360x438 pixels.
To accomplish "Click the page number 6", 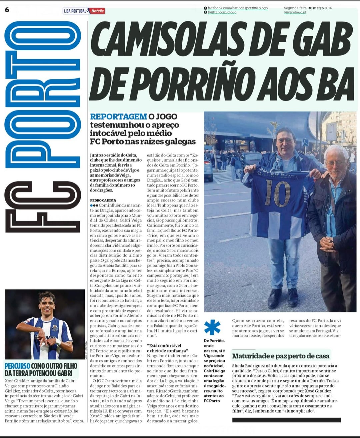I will (7, 9).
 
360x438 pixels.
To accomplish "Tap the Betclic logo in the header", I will (97, 11).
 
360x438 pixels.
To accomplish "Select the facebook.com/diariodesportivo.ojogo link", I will (237, 8).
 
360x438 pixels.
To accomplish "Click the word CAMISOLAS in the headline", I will (177, 39).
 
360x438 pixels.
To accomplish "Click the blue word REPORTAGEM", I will (118, 117).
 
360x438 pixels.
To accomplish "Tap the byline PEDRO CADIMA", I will (103, 200).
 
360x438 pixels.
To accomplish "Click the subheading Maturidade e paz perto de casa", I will (281, 356).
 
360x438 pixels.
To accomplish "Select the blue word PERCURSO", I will (17, 366).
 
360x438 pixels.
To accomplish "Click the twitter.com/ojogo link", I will (222, 12).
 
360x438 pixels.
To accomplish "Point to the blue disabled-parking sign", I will (305, 143).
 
